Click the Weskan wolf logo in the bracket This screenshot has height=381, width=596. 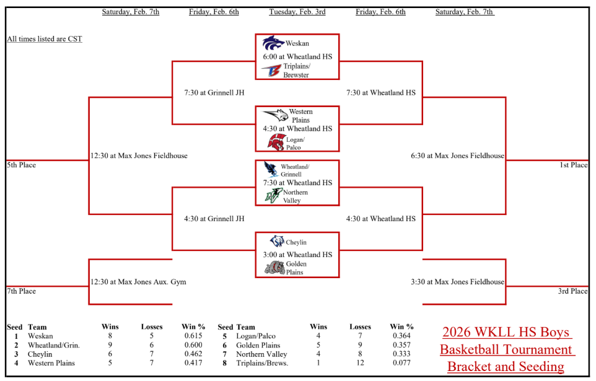point(273,43)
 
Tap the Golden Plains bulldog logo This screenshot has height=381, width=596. point(274,268)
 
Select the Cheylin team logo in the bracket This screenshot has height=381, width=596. point(277,242)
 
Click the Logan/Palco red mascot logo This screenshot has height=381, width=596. point(276,142)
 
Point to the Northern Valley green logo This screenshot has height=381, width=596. point(273,195)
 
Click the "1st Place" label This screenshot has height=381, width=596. point(573,165)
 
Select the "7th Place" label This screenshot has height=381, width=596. point(22,291)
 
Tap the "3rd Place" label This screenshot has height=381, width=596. point(573,291)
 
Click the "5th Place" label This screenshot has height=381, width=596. point(22,165)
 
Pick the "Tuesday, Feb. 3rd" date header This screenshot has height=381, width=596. point(297,12)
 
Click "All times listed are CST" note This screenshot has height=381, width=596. point(45,39)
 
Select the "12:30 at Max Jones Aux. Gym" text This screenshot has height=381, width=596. point(138,282)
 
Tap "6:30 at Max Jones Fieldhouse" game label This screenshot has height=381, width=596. point(457,155)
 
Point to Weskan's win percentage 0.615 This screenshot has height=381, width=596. point(193,336)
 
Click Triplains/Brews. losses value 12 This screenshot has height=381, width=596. point(360,363)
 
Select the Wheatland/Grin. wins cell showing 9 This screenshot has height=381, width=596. point(110,345)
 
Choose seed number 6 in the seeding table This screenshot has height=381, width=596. point(224,345)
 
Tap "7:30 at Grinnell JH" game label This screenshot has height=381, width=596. point(214,93)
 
